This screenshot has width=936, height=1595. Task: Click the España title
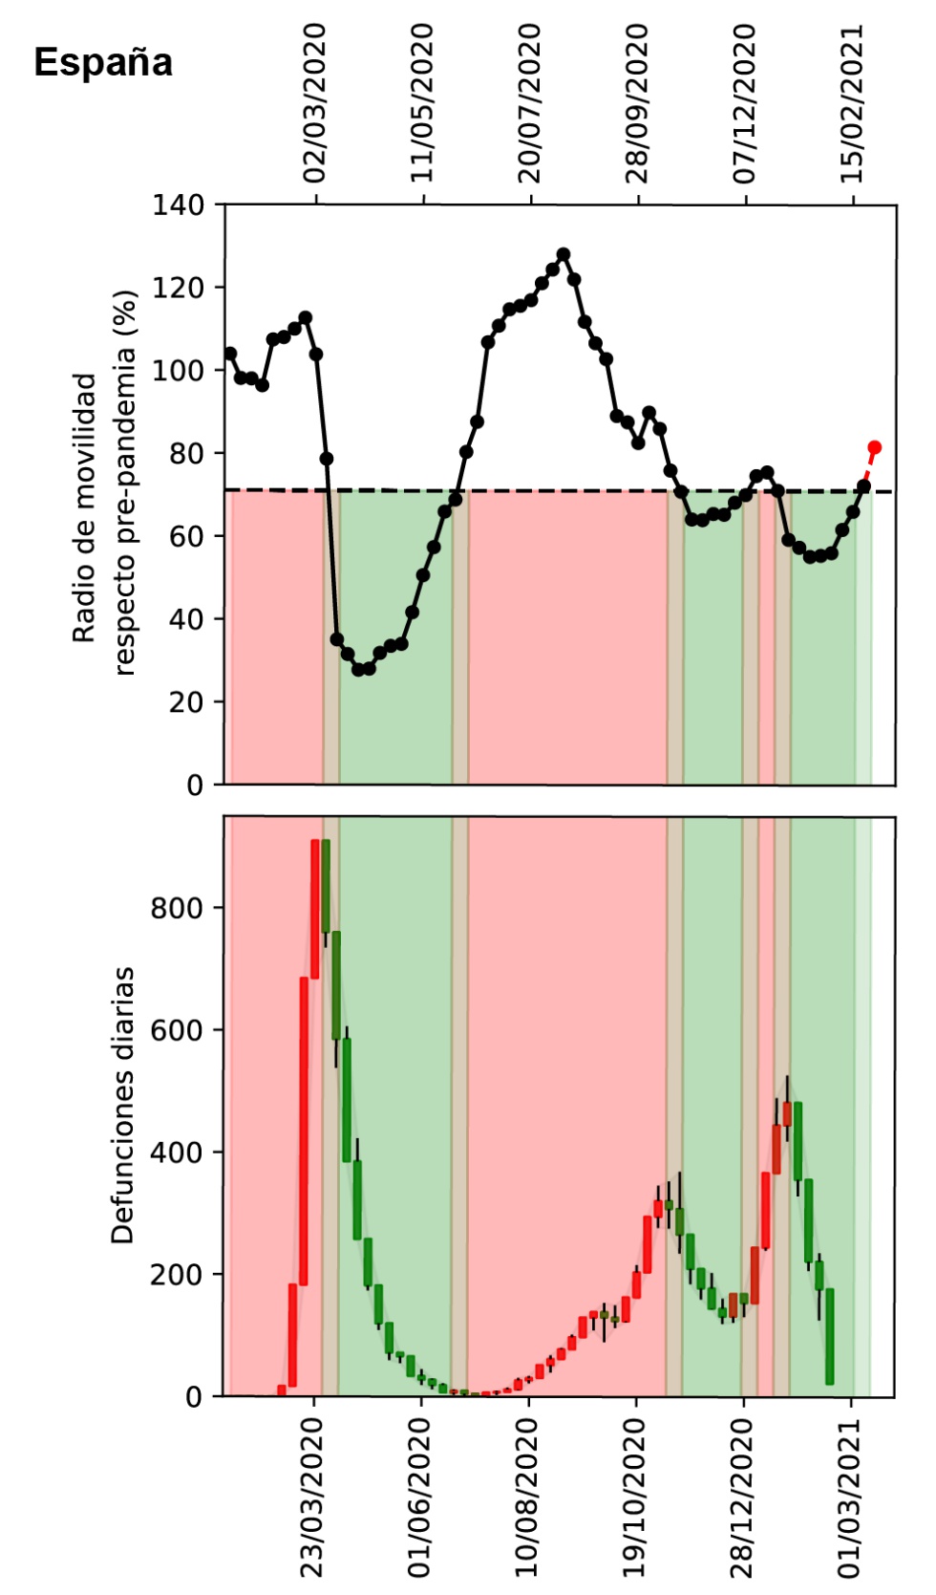coord(103,63)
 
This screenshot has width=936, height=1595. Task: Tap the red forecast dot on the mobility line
coord(874,447)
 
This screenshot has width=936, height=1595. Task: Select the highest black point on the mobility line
coord(564,254)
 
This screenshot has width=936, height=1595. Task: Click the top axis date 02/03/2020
coord(315,103)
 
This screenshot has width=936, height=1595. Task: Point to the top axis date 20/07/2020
coord(530,103)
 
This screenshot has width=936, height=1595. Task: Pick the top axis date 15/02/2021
coord(852,103)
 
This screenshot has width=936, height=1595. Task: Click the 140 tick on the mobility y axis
coord(179,205)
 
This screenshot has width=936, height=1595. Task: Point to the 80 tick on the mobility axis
coord(186,453)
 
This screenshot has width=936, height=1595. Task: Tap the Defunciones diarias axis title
coord(123,1105)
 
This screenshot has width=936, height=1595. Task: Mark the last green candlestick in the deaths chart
coord(830,1336)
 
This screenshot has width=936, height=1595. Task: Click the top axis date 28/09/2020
coord(637,103)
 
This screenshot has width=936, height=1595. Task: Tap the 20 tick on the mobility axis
coord(186,701)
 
